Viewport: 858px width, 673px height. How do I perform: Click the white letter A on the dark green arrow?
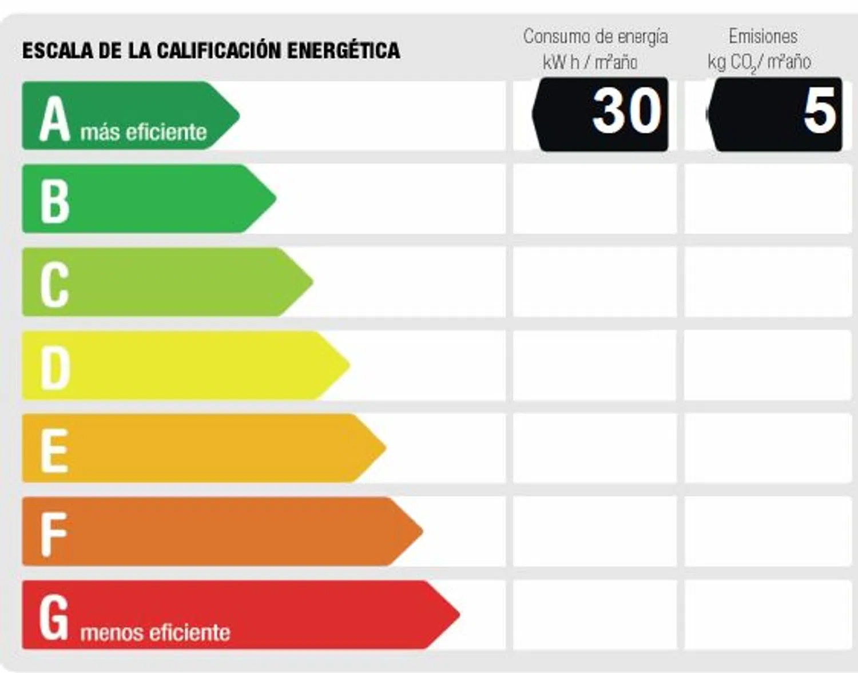pyautogui.click(x=54, y=120)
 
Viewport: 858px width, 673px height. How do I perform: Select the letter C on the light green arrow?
pyautogui.click(x=55, y=284)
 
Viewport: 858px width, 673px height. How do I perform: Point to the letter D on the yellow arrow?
pyautogui.click(x=55, y=368)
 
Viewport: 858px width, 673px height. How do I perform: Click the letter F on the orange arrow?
pyautogui.click(x=54, y=534)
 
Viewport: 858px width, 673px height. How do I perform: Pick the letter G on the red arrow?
pyautogui.click(x=54, y=618)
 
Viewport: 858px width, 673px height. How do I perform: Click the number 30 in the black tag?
pyautogui.click(x=626, y=111)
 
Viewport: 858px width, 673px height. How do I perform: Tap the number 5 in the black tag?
pyautogui.click(x=819, y=111)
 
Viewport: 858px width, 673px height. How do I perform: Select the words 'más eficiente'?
pyautogui.click(x=144, y=132)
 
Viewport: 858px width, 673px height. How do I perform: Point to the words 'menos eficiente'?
pyautogui.click(x=155, y=633)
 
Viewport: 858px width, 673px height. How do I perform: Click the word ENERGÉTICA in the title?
pyautogui.click(x=343, y=50)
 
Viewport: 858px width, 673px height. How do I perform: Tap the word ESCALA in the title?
pyautogui.click(x=58, y=50)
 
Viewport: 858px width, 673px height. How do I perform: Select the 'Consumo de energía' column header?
pyautogui.click(x=595, y=37)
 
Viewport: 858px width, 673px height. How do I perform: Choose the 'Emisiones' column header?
pyautogui.click(x=763, y=37)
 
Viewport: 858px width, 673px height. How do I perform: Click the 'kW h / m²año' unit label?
pyautogui.click(x=590, y=62)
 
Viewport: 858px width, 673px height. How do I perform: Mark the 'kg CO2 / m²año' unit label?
pyautogui.click(x=759, y=62)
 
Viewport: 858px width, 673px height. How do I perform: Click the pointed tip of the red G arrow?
pyautogui.click(x=458, y=615)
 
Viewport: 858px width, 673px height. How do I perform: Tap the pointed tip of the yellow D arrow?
pyautogui.click(x=348, y=365)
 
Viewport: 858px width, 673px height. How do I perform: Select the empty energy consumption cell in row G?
pyautogui.click(x=595, y=615)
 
